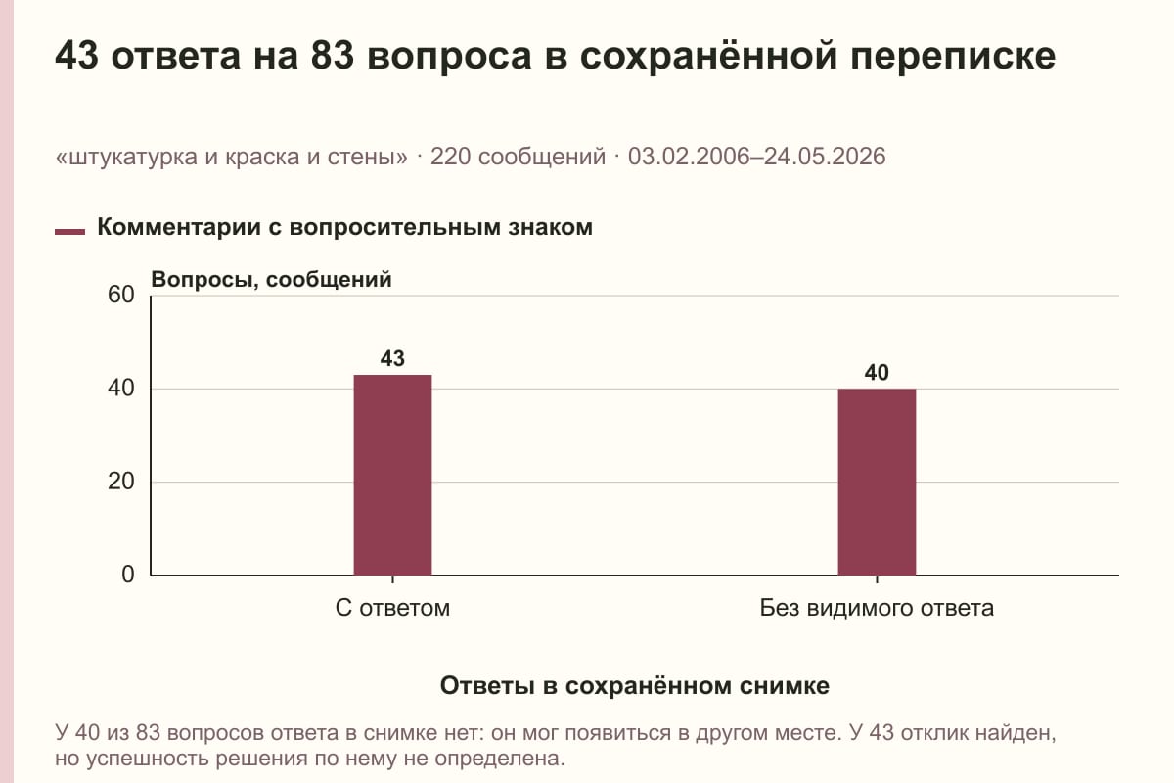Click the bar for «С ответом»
tap(392, 475)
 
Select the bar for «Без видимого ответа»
tap(877, 482)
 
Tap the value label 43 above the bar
tap(392, 359)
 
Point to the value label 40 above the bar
tap(877, 373)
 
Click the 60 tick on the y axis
tap(121, 295)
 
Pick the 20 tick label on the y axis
tap(121, 482)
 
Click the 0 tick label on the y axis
tap(128, 575)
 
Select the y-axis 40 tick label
tap(121, 389)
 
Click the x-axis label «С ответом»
tap(392, 609)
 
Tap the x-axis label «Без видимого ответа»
tap(877, 609)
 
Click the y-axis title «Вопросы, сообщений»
tap(272, 280)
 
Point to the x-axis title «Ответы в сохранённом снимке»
tap(635, 686)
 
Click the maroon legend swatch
tap(69, 232)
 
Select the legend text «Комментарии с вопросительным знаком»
tap(344, 228)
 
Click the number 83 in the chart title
tap(333, 56)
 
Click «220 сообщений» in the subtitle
tap(518, 157)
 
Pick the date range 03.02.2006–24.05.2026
tap(757, 157)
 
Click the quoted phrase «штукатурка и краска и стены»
tap(231, 157)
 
